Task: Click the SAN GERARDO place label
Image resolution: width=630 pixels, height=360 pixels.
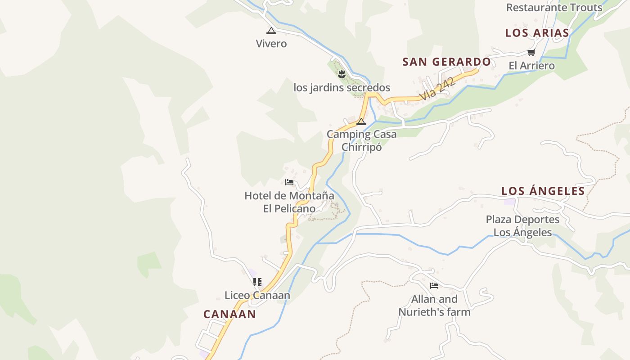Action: tap(446, 62)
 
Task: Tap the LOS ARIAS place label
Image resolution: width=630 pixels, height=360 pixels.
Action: tap(537, 33)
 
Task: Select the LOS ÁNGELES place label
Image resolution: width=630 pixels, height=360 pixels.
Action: tap(543, 191)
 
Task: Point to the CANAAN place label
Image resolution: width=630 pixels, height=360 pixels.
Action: tap(229, 314)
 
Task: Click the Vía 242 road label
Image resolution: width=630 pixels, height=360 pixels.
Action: tap(436, 89)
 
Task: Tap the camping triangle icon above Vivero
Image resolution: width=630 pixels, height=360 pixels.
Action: tap(271, 31)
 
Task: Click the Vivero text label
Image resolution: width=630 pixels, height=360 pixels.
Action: tap(271, 44)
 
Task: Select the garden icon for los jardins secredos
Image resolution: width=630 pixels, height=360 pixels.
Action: tap(342, 74)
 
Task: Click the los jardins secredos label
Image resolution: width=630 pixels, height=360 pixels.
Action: tap(342, 87)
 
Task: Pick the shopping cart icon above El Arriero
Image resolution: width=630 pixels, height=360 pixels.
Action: tap(531, 52)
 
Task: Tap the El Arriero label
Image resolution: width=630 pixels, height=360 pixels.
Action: tap(531, 66)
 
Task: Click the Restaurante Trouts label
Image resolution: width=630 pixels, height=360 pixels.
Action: tap(554, 8)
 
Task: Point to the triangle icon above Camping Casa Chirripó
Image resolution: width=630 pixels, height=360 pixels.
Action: tap(361, 121)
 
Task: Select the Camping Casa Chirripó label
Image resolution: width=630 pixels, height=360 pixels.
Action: tap(362, 140)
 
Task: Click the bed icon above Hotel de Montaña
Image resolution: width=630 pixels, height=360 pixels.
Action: tap(289, 182)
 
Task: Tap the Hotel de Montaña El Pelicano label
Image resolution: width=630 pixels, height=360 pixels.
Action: tap(289, 202)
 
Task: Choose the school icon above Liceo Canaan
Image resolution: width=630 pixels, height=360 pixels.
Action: tap(257, 282)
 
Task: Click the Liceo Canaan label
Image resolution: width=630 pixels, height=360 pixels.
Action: tap(257, 295)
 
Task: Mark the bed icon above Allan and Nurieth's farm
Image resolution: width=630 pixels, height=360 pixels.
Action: tap(434, 285)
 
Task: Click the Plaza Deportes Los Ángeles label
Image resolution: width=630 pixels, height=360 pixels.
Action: tap(523, 226)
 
